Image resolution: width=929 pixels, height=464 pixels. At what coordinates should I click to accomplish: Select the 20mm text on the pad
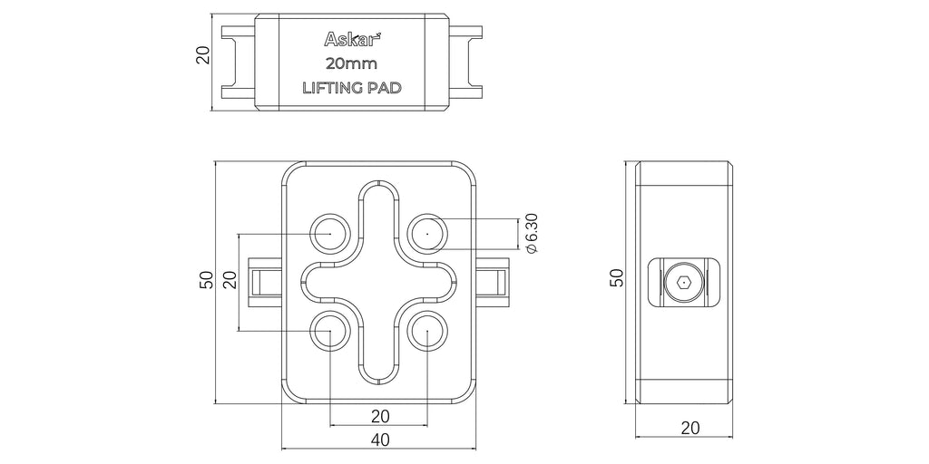tap(351, 63)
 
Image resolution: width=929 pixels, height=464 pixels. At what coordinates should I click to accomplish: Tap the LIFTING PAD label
tap(352, 88)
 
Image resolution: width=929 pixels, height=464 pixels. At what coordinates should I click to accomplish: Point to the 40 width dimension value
tap(379, 440)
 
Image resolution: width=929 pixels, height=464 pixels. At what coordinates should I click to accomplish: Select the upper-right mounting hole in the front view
tap(428, 233)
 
